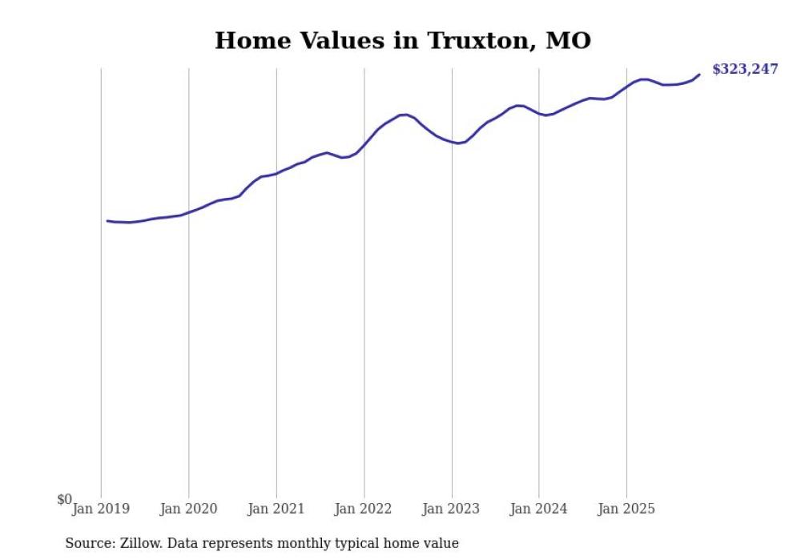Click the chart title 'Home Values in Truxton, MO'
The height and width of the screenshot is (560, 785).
click(403, 40)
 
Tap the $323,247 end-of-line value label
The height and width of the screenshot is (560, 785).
click(744, 69)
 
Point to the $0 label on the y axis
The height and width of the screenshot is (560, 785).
click(64, 499)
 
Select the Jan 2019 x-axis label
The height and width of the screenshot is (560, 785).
click(101, 509)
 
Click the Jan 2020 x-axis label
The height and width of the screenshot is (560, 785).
click(188, 509)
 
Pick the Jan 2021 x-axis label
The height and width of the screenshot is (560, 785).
click(276, 509)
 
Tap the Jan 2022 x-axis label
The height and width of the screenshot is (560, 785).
click(364, 509)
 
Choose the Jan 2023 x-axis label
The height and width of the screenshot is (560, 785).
click(452, 509)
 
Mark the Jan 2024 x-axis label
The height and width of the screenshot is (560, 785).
click(539, 509)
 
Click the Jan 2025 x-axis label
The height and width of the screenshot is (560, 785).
click(626, 509)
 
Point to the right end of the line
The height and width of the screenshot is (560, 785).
click(699, 75)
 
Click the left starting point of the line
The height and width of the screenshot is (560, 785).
click(107, 220)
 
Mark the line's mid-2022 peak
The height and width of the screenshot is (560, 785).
click(405, 115)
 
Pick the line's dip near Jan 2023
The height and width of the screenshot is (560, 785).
click(457, 143)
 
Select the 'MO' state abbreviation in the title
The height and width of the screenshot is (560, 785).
click(568, 40)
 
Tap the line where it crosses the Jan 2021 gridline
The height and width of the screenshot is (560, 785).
click(276, 173)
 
